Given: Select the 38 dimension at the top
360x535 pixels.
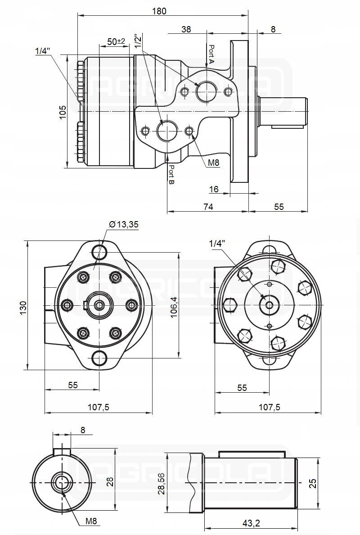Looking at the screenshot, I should (x=186, y=29).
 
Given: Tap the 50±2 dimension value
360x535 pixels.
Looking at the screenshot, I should (x=116, y=41).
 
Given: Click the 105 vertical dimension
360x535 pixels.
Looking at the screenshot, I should (x=63, y=112).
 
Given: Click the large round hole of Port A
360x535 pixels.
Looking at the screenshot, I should (x=207, y=91).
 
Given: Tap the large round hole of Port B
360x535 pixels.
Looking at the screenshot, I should (x=167, y=131).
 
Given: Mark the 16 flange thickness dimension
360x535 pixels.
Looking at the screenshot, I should (x=214, y=190).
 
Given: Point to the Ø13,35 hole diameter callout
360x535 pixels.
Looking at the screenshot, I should (x=123, y=225).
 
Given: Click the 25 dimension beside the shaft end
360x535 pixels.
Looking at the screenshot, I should (x=313, y=483).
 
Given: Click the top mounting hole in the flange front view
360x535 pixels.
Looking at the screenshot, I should (x=99, y=250).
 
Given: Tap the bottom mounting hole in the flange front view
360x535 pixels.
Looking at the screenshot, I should (x=99, y=358).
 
